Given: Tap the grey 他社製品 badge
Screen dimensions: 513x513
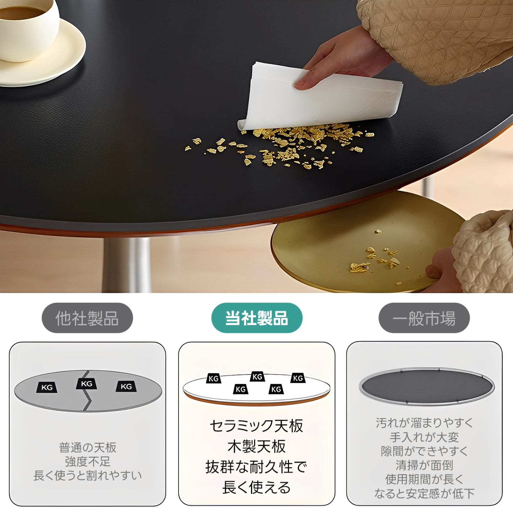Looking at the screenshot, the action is tap(87, 318).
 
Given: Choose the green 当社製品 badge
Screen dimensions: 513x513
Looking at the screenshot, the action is tap(257, 318).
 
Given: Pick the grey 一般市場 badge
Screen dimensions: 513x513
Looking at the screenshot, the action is tap(424, 318).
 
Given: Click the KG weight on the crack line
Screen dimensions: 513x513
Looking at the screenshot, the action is tap(86, 384).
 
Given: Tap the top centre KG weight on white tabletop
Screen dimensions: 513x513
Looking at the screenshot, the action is tap(257, 377).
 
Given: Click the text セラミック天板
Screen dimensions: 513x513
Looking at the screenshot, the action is tap(256, 426).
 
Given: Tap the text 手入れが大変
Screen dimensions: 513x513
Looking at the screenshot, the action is tap(424, 437).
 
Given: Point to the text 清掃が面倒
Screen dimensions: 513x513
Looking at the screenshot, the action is tap(424, 465).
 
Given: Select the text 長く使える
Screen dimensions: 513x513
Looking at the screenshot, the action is tap(256, 488).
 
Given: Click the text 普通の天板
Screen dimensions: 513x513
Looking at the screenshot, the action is tap(88, 448).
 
